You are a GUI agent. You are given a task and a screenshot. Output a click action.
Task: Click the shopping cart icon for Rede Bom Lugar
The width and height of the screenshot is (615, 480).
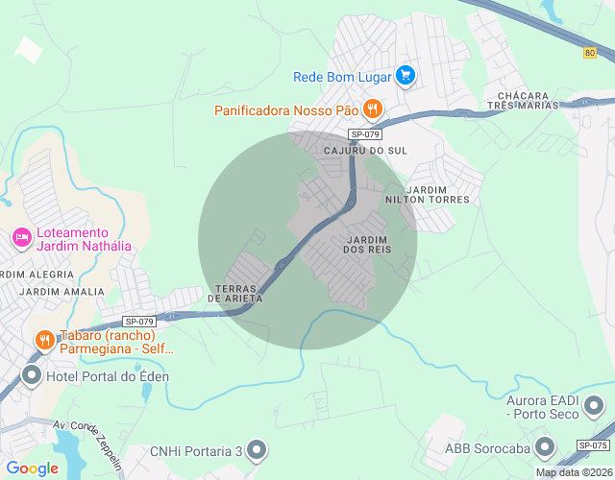(406, 75)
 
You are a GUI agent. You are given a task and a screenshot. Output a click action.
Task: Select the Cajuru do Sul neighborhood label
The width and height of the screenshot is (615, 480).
(366, 152)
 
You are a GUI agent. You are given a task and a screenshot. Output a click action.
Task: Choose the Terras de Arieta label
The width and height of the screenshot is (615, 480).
(239, 294)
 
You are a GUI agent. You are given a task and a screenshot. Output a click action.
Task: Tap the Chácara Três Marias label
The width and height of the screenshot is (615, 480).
(524, 101)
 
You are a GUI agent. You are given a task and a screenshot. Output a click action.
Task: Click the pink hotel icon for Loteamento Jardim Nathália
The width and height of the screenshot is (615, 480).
(20, 236)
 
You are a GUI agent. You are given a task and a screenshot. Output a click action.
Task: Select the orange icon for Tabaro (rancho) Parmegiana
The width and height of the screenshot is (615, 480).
(43, 340)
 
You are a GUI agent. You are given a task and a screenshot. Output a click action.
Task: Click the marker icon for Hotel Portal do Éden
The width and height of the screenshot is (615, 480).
(32, 375)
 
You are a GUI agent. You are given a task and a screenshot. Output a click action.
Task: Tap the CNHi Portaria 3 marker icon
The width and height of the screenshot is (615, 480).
(256, 448)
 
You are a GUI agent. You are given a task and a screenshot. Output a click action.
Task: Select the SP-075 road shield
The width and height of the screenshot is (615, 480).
(593, 445)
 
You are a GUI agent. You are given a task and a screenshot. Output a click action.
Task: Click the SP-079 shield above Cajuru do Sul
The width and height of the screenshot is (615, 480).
(366, 134)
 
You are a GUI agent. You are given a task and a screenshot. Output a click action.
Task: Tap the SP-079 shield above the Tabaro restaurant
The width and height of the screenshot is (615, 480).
(138, 322)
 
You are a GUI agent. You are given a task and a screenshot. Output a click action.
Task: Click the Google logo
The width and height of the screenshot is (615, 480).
(33, 468)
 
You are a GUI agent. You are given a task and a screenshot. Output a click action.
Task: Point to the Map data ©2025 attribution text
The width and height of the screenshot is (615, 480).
(574, 472)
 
